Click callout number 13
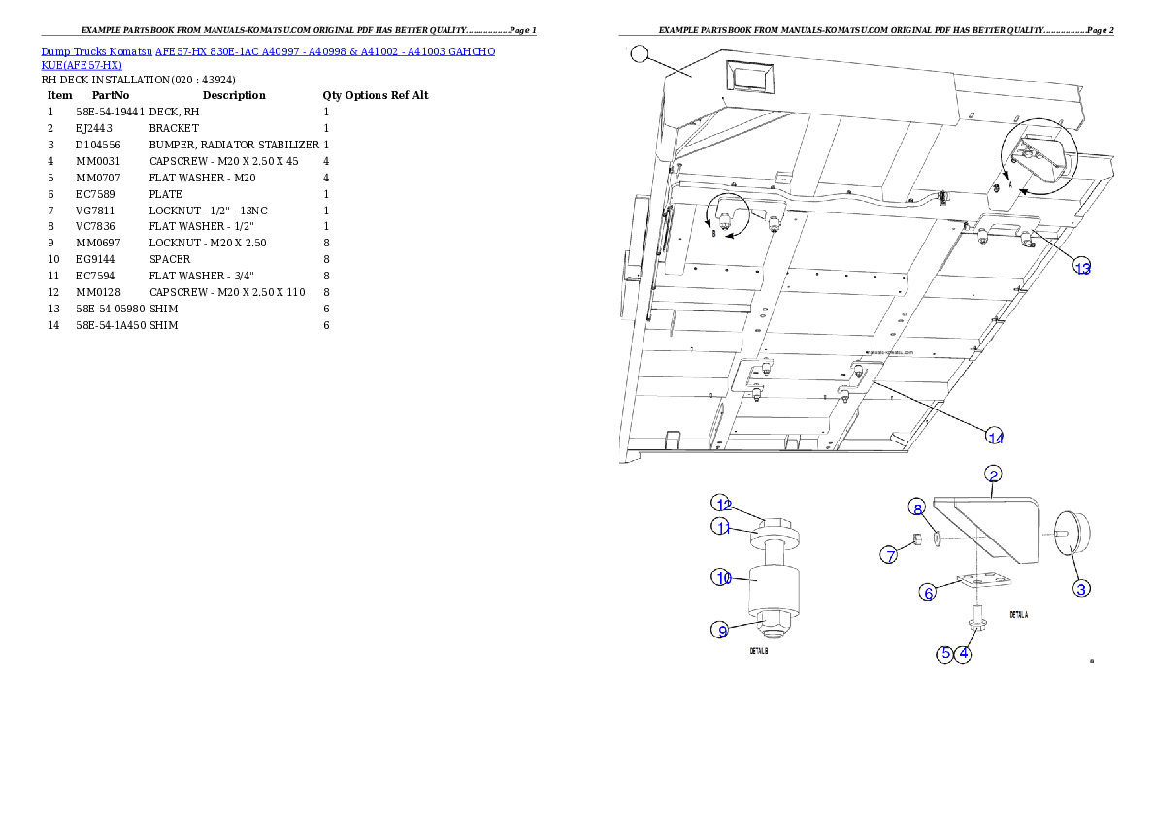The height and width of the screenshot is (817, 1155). (1082, 268)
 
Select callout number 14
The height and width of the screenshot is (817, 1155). (995, 437)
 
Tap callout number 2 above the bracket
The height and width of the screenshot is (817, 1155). (993, 474)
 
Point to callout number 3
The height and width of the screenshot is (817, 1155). (1081, 588)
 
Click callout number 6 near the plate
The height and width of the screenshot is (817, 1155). (928, 592)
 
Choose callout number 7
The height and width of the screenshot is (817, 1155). (889, 555)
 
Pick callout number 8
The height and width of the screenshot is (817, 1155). (916, 507)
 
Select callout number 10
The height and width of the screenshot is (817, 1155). (722, 577)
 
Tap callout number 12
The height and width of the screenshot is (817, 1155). (722, 504)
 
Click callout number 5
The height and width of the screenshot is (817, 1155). (944, 654)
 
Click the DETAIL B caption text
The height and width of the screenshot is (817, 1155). (760, 652)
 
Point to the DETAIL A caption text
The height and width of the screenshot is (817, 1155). (1018, 615)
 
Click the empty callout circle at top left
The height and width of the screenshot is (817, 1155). (637, 54)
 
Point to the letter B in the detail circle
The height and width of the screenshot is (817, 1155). (714, 234)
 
